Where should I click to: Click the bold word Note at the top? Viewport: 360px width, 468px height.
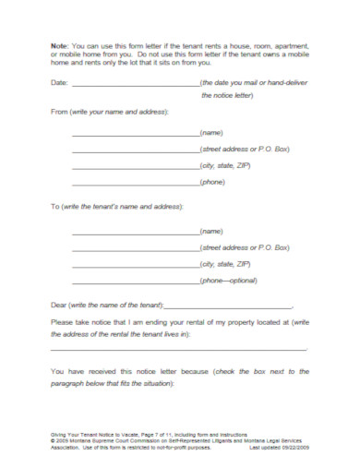pos(58,45)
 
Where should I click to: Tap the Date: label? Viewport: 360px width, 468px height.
pos(59,82)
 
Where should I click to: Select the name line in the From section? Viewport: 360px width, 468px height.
pos(135,134)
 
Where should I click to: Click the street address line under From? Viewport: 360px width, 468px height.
pos(135,150)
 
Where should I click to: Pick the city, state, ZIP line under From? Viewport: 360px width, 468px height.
pos(135,166)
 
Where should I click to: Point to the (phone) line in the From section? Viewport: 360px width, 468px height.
pos(135,183)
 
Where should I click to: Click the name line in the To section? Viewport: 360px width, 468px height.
pos(135,232)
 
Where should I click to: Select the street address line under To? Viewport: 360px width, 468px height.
pos(135,248)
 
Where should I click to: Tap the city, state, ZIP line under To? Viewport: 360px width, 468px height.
pos(135,265)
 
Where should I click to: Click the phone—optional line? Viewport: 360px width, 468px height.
pos(135,282)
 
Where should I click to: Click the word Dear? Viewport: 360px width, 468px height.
pos(59,305)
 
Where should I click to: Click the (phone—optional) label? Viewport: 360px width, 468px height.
pos(228,280)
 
